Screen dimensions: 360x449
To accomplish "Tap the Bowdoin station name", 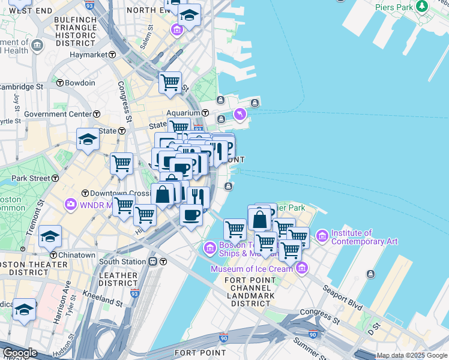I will (80, 83).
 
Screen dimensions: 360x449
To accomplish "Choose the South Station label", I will (122, 262).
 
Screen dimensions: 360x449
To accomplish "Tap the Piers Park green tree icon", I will (422, 7).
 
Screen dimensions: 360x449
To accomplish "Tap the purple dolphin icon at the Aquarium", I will (240, 114).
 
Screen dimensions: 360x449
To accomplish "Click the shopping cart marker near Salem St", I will (170, 82).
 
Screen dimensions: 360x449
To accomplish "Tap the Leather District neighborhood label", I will (118, 278).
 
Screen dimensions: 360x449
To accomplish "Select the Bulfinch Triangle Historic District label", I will (76, 32).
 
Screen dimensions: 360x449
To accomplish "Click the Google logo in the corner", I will (19, 353).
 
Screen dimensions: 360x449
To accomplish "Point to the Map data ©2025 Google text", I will (412, 355).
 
